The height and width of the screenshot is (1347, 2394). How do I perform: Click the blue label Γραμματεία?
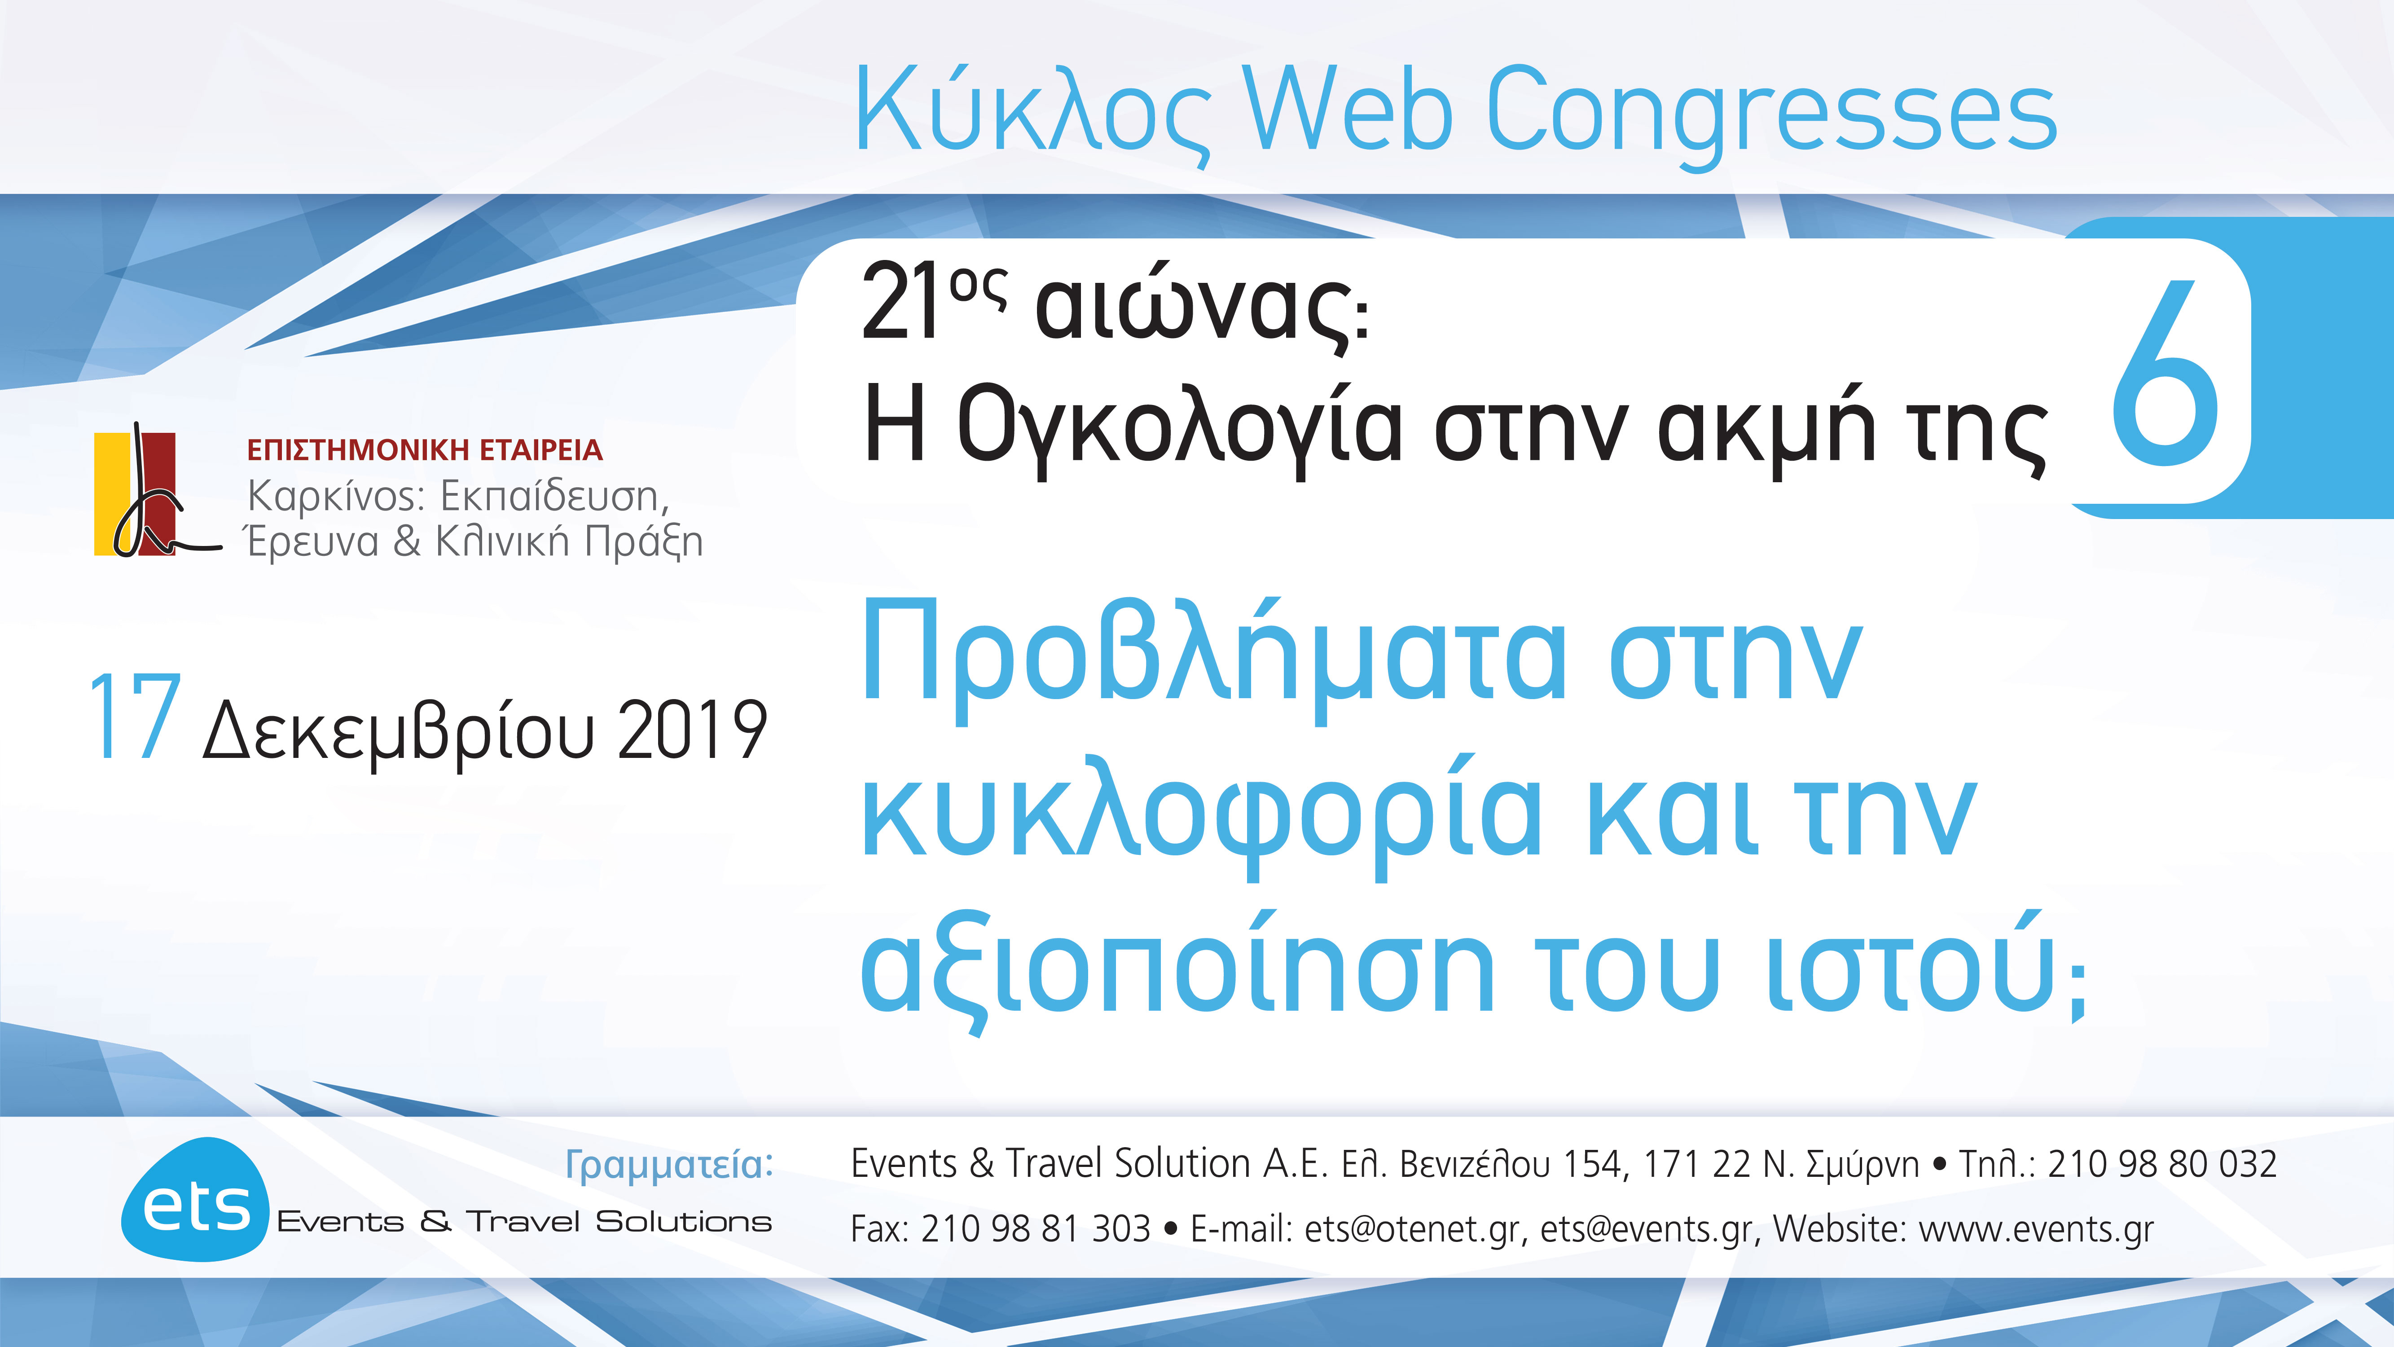coord(669,1164)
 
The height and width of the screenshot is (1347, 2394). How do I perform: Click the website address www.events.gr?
coord(2035,1229)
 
